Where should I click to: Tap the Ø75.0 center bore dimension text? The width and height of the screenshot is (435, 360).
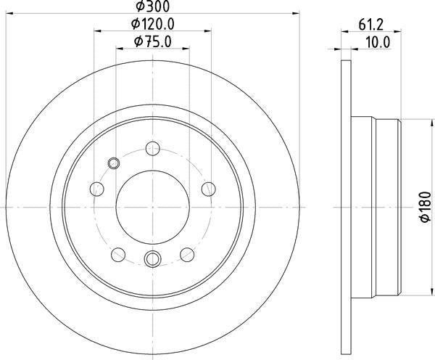click(153, 41)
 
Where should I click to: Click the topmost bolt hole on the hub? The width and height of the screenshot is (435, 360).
click(152, 148)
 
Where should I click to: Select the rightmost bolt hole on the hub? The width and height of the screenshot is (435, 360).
click(207, 189)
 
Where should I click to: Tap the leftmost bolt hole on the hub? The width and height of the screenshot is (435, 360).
click(97, 189)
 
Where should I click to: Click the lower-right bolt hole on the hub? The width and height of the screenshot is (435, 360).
click(186, 253)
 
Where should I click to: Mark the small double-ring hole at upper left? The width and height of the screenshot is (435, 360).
click(113, 162)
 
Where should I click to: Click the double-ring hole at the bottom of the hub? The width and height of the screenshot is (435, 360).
click(152, 258)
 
